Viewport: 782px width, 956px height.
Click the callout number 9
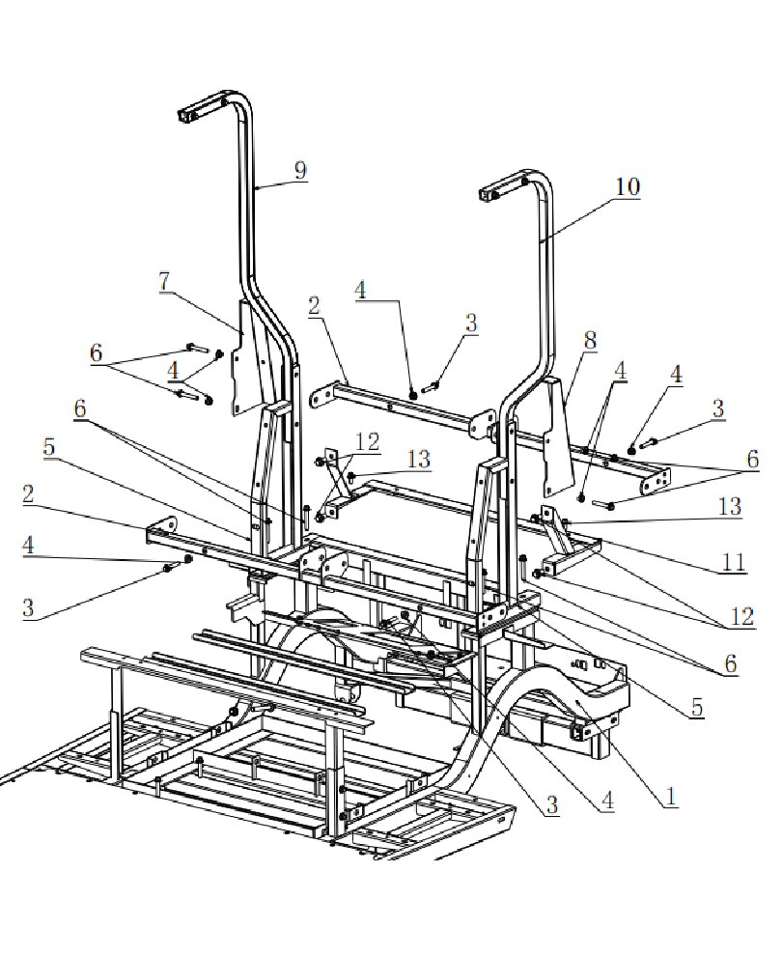(300, 170)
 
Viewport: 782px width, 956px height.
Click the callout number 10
(627, 186)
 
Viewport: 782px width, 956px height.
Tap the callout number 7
(166, 283)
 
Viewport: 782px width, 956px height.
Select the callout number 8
(590, 340)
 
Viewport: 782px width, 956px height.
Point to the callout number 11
(735, 562)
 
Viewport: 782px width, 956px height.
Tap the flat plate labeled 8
(557, 435)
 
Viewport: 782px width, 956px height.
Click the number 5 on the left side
(49, 448)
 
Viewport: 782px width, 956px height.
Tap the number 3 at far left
(29, 608)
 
